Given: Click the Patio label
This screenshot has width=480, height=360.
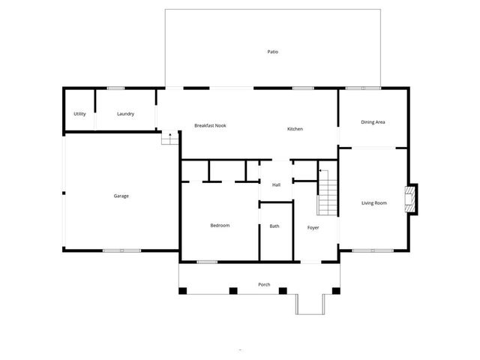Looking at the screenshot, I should coord(272,52).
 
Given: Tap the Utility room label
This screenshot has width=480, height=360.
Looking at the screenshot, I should coord(79,114).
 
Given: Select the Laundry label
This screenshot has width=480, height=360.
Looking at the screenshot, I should coord(125,114).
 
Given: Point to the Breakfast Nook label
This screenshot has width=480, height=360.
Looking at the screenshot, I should coord(210,125).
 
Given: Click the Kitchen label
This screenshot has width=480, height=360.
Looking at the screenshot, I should coord(295,129).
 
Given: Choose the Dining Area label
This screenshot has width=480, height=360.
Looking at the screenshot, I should coord(373,121).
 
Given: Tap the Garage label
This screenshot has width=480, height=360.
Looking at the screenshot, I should coord(121,196).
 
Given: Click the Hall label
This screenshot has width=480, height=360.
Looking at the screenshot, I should coord(276,184).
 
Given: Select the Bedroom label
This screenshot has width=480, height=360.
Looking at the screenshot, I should coord(220,225).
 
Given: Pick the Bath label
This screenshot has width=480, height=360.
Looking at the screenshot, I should coord(274,226).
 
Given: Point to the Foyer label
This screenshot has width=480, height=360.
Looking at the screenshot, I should coord(313,227).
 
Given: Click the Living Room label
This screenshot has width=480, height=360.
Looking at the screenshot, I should coord(374,202).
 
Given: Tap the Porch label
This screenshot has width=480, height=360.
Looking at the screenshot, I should coord(264,284).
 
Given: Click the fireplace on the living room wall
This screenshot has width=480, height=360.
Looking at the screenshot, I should coord(410,199).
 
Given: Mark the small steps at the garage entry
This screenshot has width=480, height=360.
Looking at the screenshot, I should coord(169,139).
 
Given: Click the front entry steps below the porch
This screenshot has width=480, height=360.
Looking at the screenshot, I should coord(310,303).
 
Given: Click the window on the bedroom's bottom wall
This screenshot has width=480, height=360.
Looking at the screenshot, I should coord(207,262).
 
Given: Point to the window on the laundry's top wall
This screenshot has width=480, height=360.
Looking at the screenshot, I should coord(115,88).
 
